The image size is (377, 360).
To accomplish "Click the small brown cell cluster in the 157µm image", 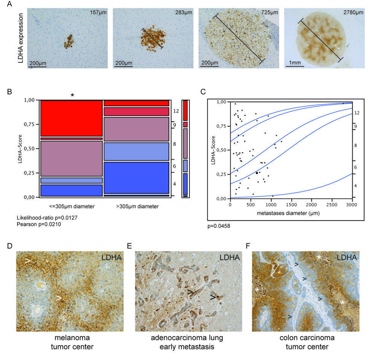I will pos(69,41).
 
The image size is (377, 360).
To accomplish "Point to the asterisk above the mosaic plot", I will pos(72,95).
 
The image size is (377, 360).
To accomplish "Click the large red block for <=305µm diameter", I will pos(71,118).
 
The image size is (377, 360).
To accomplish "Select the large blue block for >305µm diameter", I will pos(136,178).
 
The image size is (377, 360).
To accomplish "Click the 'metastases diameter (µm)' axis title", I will pos(291,213).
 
